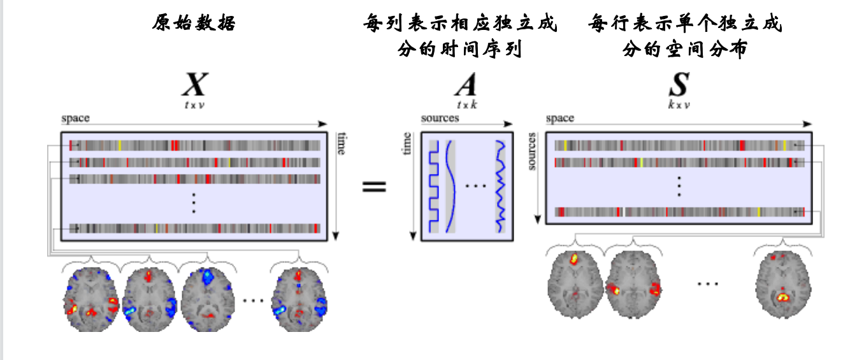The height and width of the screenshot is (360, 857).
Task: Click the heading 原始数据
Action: point(194,24)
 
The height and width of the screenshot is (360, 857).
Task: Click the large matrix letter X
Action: point(195,84)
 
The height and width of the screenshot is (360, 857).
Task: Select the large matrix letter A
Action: point(465,84)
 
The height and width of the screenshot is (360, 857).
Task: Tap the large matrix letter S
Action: point(679,84)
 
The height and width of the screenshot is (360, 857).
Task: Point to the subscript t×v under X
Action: point(194,104)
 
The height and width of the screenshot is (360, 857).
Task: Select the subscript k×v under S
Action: point(679,104)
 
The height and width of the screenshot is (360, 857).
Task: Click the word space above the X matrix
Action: point(75,119)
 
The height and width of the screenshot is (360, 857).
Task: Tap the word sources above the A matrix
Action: point(440,119)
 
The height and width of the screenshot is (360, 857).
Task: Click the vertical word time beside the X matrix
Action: point(341,143)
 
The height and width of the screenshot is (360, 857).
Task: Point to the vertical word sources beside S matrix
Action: point(532,151)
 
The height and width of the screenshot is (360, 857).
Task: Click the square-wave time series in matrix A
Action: point(434,185)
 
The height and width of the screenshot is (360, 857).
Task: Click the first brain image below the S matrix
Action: point(573,275)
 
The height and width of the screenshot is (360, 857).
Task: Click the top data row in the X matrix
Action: point(195,145)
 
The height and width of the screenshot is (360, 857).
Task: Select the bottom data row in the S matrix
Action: point(679,212)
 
